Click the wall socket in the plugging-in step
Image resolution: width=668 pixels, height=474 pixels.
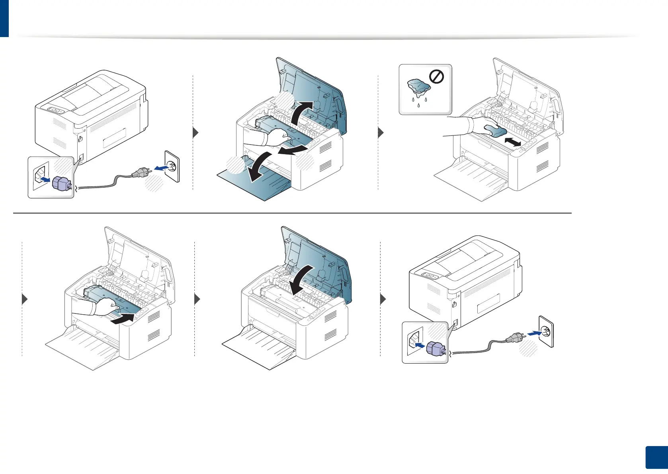coord(546,331)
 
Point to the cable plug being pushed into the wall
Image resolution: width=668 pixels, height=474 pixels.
coord(514,339)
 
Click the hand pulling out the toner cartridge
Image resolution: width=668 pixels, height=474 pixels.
coord(271,141)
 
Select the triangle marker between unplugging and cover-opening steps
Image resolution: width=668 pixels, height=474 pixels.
coord(195,132)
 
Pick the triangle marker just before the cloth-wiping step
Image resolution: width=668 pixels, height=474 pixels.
coord(381,132)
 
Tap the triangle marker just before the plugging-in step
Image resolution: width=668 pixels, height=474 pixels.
coord(383,299)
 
